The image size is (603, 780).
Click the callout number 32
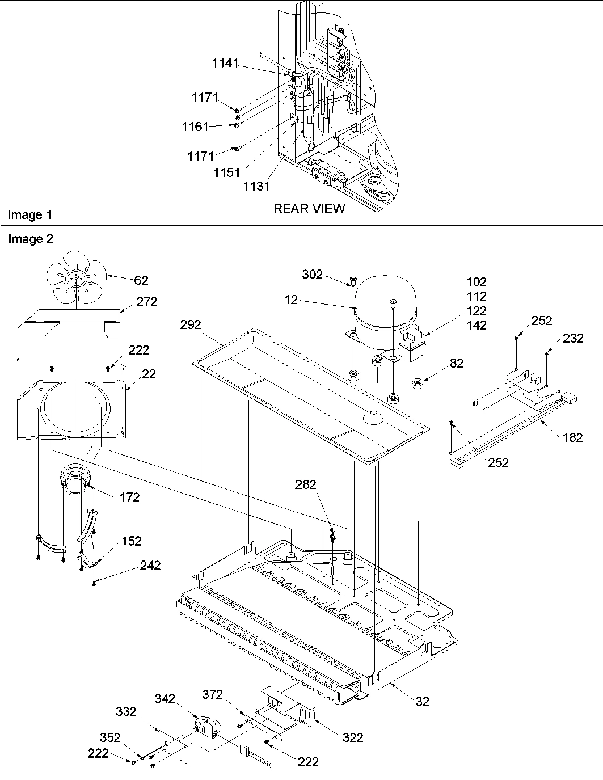(422, 702)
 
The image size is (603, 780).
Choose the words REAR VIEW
(309, 209)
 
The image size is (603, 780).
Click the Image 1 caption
(30, 215)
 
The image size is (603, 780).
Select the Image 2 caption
(30, 239)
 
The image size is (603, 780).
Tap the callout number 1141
(225, 64)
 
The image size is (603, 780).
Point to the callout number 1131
(256, 185)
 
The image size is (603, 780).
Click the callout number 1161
(195, 127)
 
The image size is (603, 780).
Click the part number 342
(165, 698)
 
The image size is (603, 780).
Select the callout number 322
(353, 737)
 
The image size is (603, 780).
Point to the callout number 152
(131, 541)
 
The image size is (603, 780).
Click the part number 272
(147, 302)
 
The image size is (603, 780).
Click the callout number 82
(457, 364)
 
